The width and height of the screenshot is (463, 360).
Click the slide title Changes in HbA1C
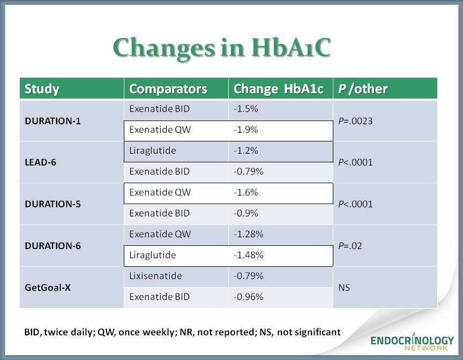(222, 48)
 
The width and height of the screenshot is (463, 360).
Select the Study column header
(42, 89)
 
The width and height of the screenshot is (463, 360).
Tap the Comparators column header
(168, 89)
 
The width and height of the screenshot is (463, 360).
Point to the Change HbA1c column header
(278, 89)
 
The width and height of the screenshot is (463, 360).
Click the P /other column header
(363, 89)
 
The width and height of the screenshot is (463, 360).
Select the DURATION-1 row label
(53, 121)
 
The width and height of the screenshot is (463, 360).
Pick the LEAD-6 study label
(40, 162)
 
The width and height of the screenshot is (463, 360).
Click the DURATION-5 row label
(53, 204)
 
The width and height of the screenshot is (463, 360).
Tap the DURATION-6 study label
(53, 246)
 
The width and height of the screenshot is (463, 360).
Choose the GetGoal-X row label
(48, 288)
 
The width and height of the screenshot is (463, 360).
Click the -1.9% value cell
(245, 130)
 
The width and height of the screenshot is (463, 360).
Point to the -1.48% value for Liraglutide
(248, 255)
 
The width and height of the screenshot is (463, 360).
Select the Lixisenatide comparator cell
(155, 276)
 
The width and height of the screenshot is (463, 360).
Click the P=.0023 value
(355, 121)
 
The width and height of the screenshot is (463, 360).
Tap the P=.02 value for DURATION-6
(350, 246)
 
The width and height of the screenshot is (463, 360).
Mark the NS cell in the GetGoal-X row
(344, 288)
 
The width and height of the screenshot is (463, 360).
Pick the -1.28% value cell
(248, 234)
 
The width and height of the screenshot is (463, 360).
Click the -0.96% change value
(248, 297)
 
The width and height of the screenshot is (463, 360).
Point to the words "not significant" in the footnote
(309, 332)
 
